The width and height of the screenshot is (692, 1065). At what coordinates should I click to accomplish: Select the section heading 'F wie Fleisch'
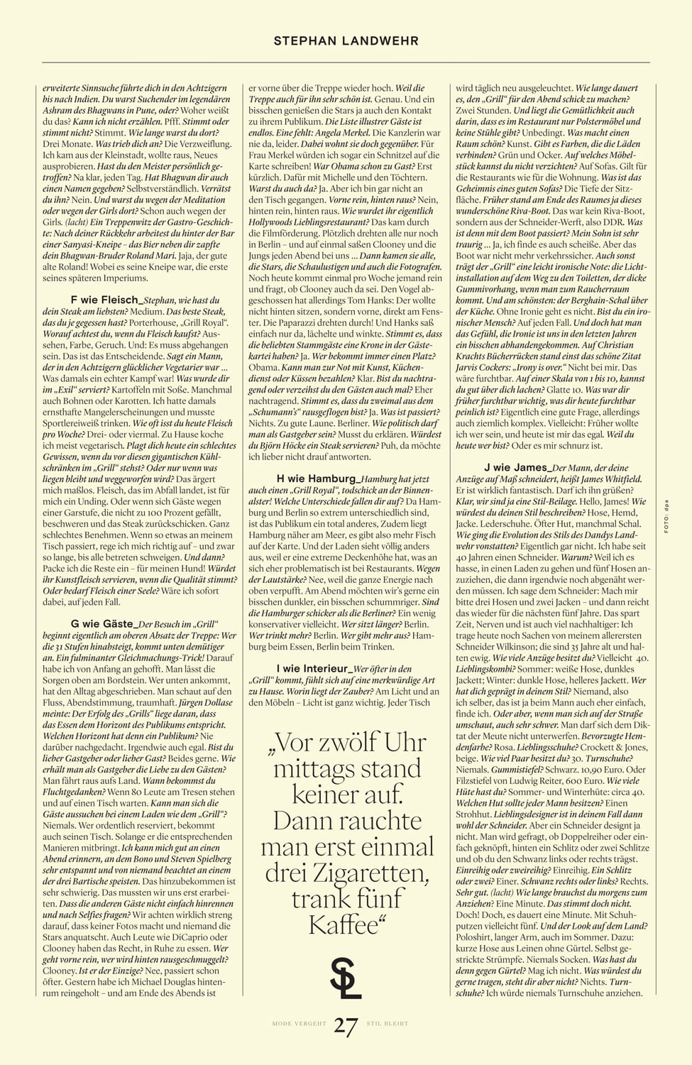(x=104, y=300)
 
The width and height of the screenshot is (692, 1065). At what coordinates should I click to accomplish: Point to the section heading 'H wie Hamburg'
(x=319, y=479)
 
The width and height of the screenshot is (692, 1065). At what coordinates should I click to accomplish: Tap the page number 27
(x=346, y=1026)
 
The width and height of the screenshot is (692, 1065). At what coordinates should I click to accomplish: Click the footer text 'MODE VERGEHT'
(x=299, y=1024)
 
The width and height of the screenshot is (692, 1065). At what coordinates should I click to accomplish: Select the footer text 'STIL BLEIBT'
(x=388, y=1024)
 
